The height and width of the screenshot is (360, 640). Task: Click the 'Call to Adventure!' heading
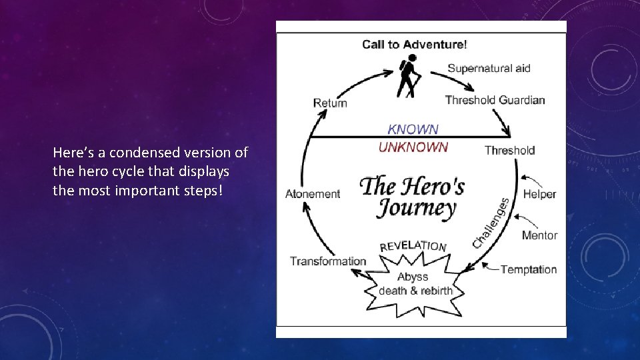[414, 45]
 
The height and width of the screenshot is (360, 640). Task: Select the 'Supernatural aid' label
[489, 68]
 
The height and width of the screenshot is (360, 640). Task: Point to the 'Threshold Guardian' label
[495, 100]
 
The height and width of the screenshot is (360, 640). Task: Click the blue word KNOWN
[413, 129]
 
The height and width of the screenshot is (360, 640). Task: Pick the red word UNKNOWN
[413, 147]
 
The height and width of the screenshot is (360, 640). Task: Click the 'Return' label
[330, 103]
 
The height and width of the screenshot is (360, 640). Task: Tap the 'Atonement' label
[313, 194]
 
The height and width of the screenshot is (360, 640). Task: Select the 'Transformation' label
[328, 261]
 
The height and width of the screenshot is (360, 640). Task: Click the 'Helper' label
[539, 194]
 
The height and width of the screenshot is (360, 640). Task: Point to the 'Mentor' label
[539, 235]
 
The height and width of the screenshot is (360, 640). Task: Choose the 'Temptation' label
[529, 269]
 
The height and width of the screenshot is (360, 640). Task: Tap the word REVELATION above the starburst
[413, 245]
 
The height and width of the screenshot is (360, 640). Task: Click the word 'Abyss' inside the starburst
[413, 277]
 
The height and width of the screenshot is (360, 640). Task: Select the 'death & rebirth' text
[415, 291]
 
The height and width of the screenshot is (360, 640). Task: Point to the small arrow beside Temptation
[491, 269]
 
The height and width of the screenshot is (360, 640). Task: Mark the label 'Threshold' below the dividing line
[509, 150]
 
